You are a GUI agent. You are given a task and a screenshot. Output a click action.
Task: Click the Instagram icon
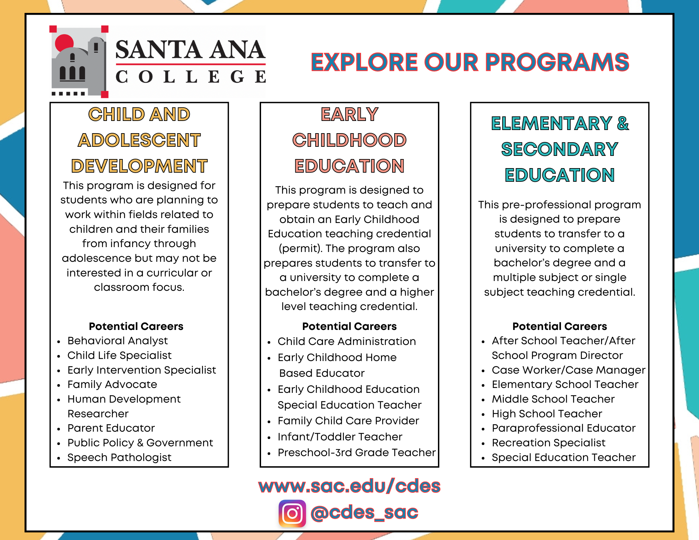[x=292, y=513]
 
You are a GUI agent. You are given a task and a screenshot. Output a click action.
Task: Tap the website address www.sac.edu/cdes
[x=349, y=486]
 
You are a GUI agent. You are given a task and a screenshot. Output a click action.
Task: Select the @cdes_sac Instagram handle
[x=364, y=513]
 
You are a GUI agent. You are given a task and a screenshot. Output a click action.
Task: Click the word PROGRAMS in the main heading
[x=557, y=63]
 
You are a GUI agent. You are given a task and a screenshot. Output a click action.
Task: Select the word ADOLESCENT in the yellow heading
[x=139, y=140]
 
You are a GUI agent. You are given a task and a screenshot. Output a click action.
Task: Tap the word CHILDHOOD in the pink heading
[x=349, y=140]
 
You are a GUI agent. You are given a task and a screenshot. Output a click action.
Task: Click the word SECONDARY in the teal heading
[x=559, y=149]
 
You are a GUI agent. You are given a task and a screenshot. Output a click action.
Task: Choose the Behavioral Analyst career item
[x=117, y=340]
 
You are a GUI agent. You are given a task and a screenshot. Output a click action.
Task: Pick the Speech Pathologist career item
[x=119, y=457]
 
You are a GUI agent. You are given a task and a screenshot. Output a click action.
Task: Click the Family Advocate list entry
[x=112, y=384]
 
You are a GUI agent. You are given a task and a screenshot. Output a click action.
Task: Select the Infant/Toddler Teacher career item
[x=340, y=437]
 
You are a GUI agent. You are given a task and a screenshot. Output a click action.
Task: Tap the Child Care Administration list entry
[x=346, y=341]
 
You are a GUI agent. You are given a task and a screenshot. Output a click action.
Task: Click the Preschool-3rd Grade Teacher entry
[x=356, y=452]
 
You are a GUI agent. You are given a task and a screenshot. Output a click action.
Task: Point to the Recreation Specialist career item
[x=548, y=442]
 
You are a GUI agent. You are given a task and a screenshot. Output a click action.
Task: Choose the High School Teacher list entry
[x=547, y=413]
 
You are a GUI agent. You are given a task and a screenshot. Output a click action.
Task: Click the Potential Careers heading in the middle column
[x=349, y=326]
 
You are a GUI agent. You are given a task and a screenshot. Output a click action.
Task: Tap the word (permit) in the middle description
[x=300, y=248]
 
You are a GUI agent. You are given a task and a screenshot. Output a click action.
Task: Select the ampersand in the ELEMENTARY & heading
[x=623, y=123]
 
